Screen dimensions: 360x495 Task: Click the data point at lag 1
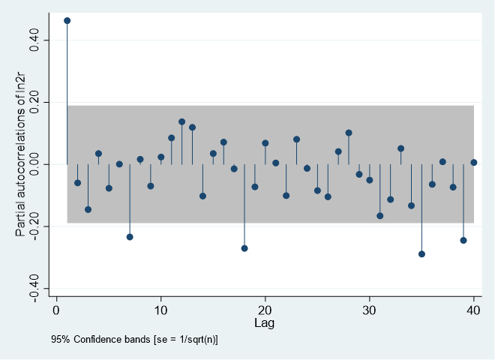pyautogui.click(x=67, y=20)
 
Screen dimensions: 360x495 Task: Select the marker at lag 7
pyautogui.click(x=130, y=237)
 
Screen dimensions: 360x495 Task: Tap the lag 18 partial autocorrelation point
pyautogui.click(x=244, y=248)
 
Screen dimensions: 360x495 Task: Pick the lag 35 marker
pyautogui.click(x=421, y=254)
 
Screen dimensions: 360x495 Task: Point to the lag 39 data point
pyautogui.click(x=463, y=241)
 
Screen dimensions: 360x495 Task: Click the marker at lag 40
pyautogui.click(x=474, y=163)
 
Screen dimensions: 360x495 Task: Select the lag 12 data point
pyautogui.click(x=181, y=121)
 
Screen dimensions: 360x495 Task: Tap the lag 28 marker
pyautogui.click(x=349, y=133)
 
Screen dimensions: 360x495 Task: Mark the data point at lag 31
pyautogui.click(x=380, y=216)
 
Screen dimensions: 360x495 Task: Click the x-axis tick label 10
pyautogui.click(x=160, y=310)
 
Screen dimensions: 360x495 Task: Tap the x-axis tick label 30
pyautogui.click(x=370, y=310)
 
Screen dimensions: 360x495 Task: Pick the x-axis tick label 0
pyautogui.click(x=56, y=310)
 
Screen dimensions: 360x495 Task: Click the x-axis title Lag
pyautogui.click(x=265, y=322)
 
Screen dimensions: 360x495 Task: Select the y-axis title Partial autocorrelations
pyautogui.click(x=22, y=165)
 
